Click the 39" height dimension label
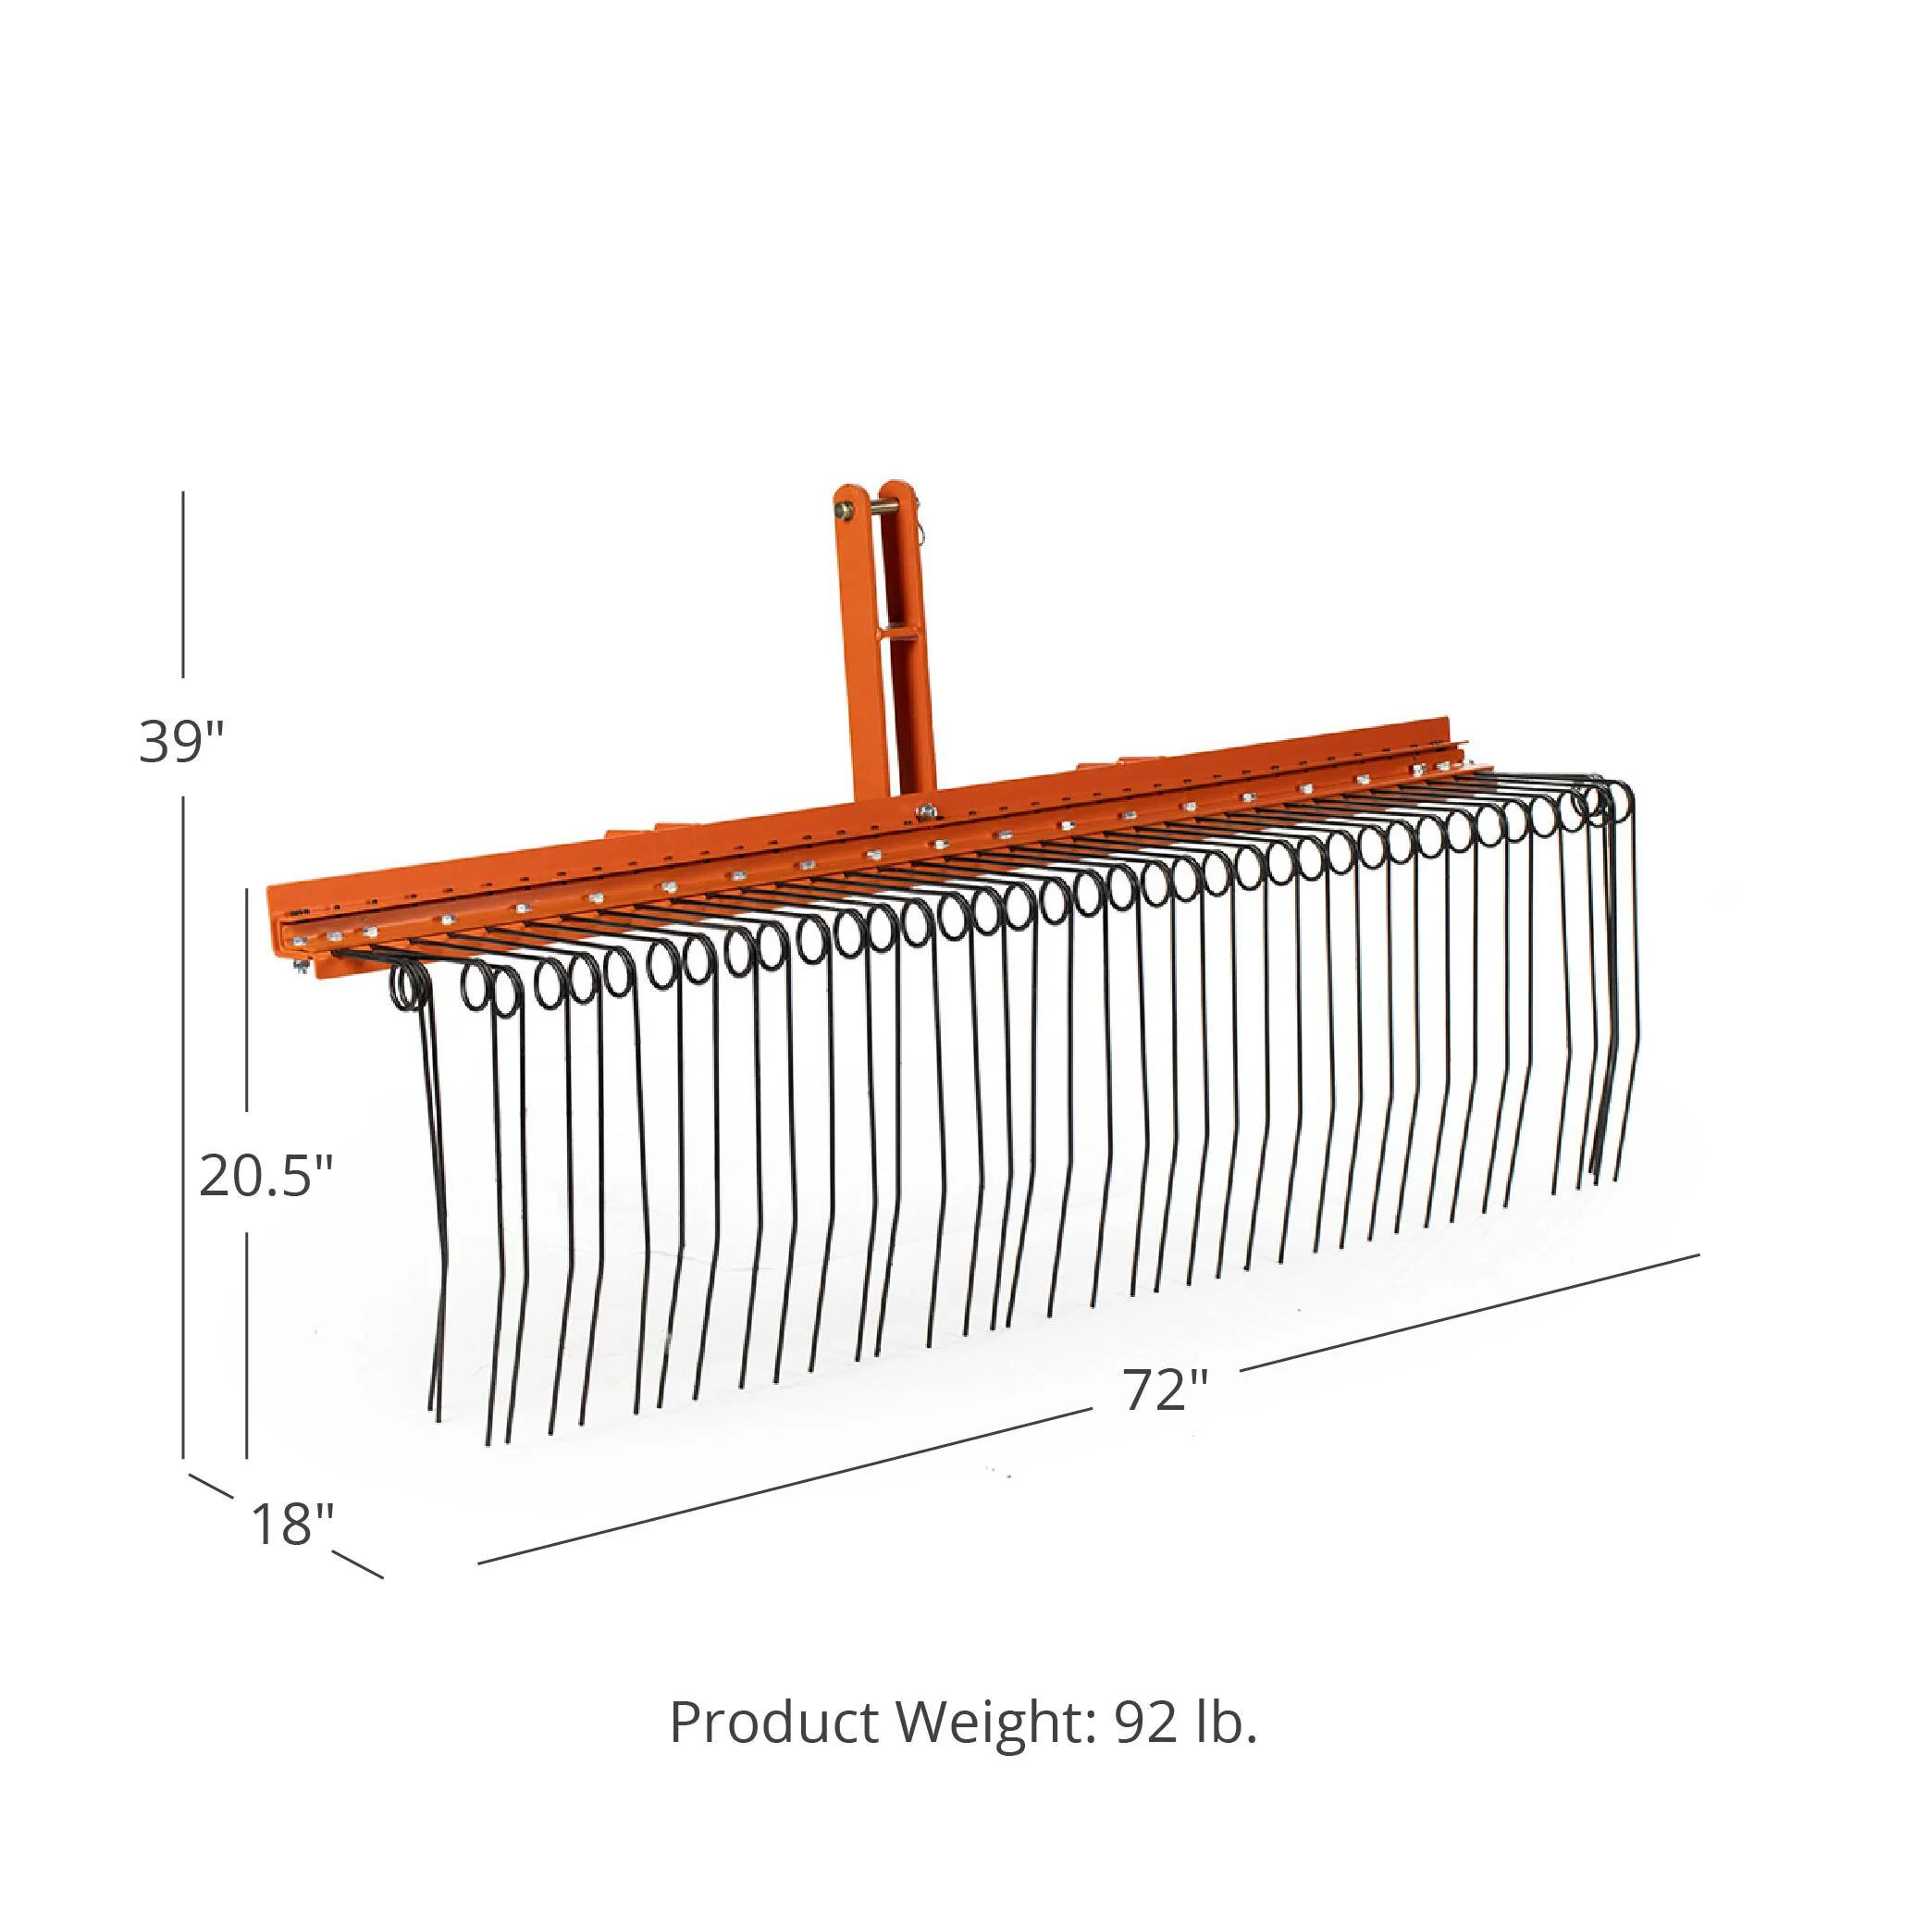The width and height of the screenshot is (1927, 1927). tap(182, 741)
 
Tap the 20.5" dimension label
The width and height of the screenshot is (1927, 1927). tap(266, 1175)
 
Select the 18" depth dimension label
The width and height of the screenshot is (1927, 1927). tap(291, 1523)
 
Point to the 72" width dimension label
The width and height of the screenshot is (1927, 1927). tap(1165, 1389)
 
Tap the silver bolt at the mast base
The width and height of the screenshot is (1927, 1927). tap(927, 813)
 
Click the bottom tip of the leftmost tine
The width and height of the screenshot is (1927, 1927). tap(435, 1416)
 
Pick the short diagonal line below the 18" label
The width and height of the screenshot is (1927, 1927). tap(358, 1565)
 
